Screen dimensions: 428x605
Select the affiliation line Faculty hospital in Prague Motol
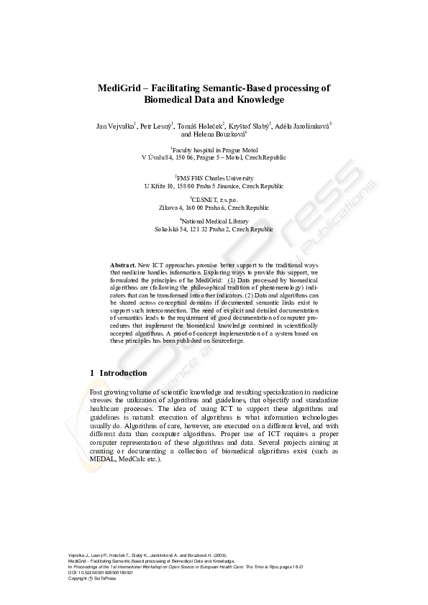point(214,150)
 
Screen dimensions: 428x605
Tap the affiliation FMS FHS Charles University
point(214,177)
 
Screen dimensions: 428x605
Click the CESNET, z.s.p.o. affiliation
point(214,199)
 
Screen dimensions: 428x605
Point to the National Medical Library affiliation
point(214,221)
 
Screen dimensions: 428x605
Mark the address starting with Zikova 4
point(214,207)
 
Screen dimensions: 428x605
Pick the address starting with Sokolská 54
point(214,229)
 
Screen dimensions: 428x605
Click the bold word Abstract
point(123,266)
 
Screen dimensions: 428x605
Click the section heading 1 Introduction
point(119,374)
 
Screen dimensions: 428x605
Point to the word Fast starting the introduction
point(95,392)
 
